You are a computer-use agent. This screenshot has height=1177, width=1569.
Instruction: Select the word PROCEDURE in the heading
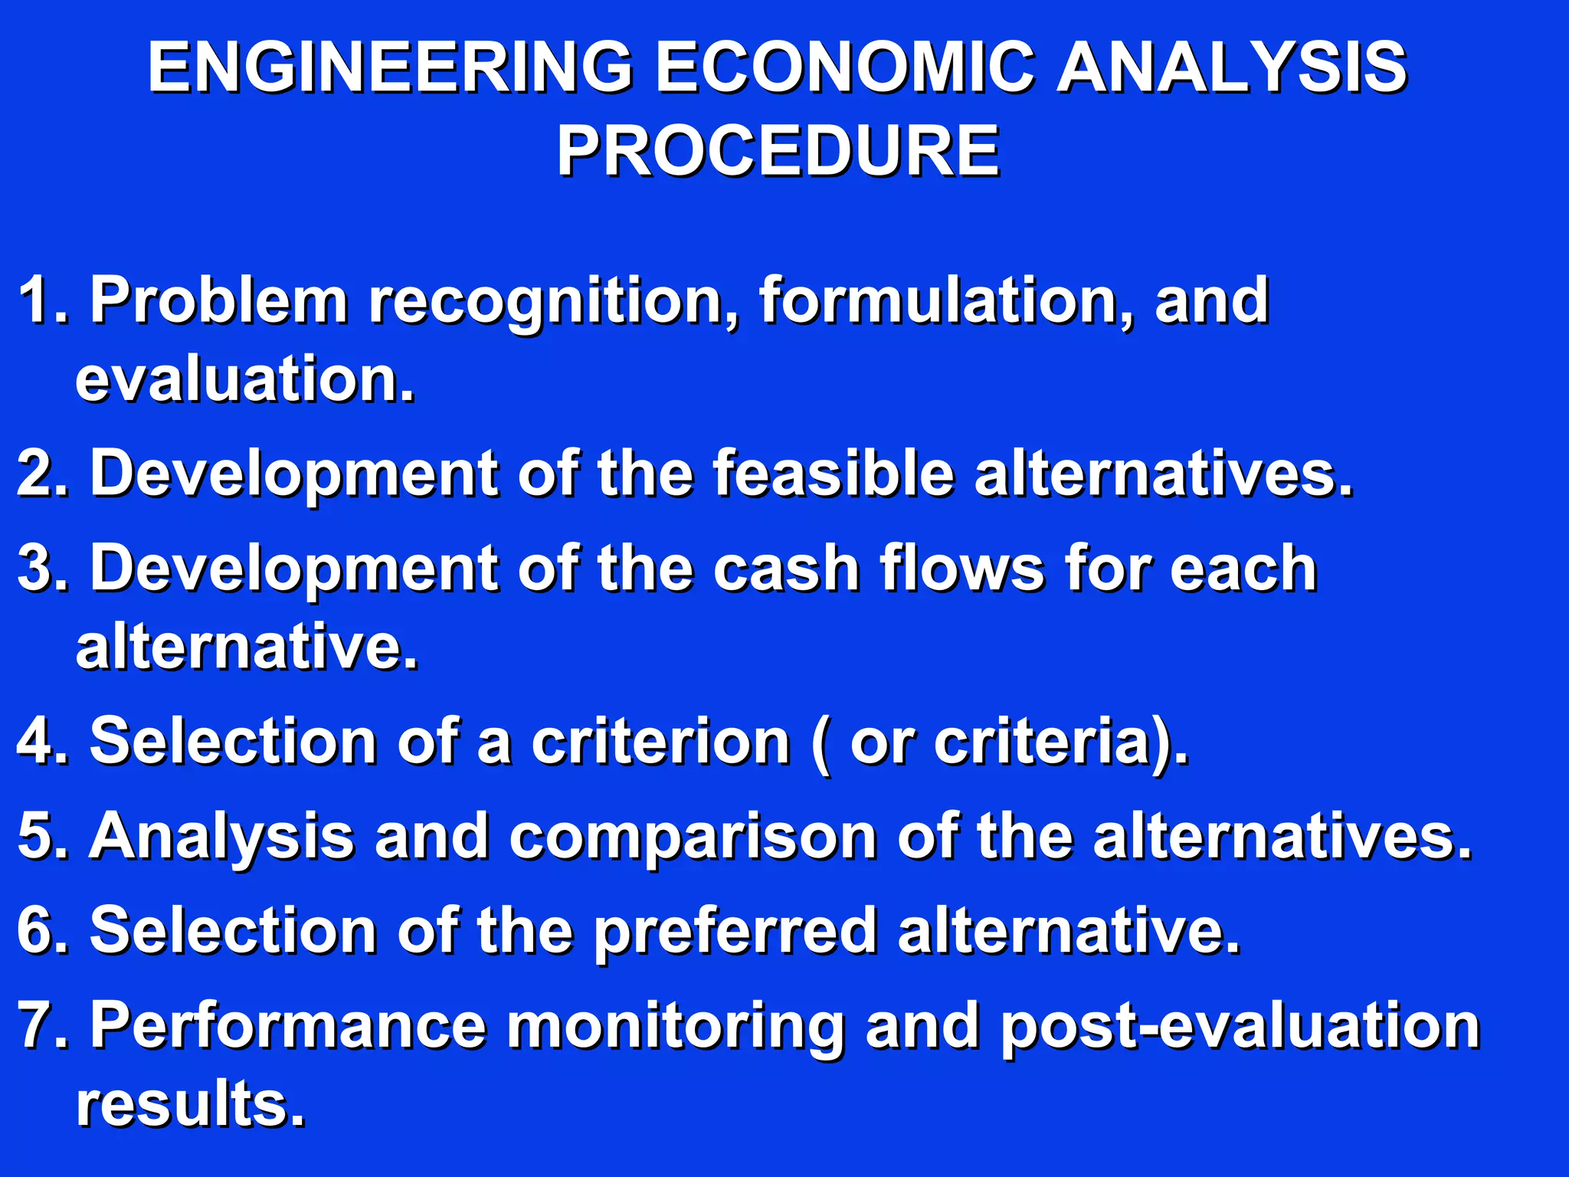point(777,151)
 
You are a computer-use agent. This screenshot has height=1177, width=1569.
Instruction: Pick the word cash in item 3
point(785,568)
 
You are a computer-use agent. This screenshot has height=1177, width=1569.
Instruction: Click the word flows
point(961,568)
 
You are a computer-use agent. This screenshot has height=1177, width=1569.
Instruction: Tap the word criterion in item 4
point(660,741)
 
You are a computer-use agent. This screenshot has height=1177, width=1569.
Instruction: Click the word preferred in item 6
point(735,932)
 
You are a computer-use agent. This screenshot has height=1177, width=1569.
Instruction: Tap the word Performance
point(288,1025)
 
